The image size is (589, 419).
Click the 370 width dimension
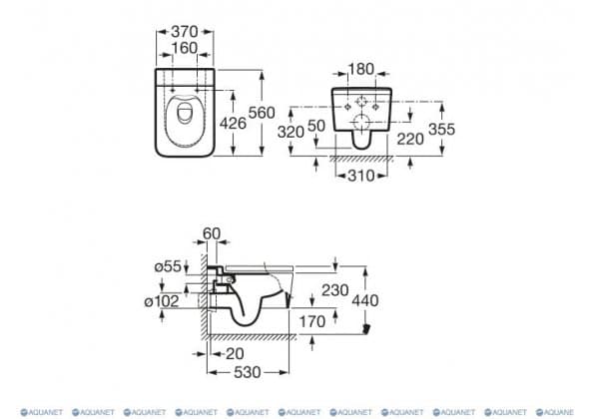point(185,32)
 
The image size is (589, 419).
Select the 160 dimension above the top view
point(185,48)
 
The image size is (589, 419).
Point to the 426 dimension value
point(233,123)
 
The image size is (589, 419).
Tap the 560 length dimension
point(262,113)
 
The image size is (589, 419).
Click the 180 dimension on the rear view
point(361,69)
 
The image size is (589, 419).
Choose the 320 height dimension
point(291,132)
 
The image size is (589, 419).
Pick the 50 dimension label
point(316,126)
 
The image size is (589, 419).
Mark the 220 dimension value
point(410,140)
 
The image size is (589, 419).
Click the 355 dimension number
point(441,129)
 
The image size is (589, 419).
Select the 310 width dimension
point(361,176)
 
